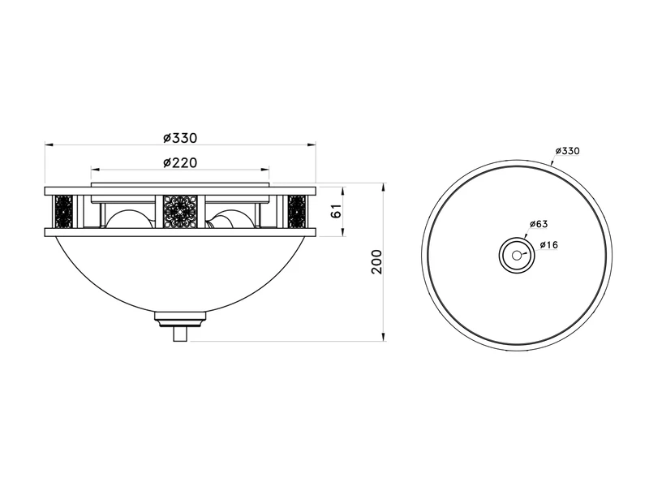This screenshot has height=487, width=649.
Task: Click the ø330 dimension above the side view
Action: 180,137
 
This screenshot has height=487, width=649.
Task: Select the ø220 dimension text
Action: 180,163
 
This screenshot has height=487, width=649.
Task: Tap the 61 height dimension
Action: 337,211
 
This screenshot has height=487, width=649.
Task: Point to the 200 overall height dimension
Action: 376,261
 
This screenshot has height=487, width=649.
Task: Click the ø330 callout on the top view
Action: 567,151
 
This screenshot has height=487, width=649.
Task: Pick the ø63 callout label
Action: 539,224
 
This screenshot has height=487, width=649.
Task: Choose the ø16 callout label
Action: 549,245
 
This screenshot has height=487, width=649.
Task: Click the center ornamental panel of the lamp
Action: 180,212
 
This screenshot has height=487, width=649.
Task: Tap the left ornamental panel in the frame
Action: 64,212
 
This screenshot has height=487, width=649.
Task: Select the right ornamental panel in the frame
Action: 297,212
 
